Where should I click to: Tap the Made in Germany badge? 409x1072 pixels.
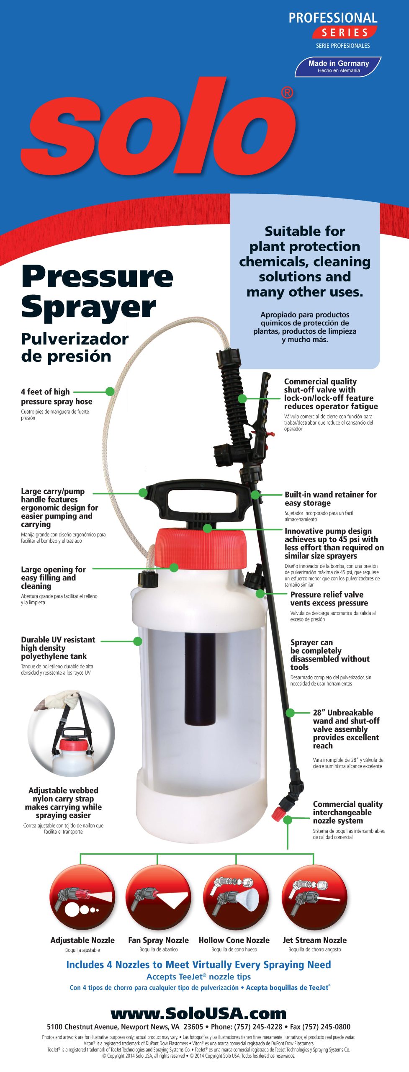click(338, 67)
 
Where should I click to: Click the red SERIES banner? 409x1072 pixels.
click(345, 32)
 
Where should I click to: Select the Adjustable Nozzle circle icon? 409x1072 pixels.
click(82, 897)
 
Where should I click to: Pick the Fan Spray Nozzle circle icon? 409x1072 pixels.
click(158, 897)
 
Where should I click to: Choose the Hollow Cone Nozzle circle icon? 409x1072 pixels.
click(236, 897)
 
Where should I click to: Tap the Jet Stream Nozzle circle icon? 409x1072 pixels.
click(314, 897)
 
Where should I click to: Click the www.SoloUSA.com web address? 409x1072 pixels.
click(198, 1013)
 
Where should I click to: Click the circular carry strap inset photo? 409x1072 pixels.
click(71, 733)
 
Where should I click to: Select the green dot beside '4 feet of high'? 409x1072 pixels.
click(110, 392)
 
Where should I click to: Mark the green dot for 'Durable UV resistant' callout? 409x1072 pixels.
click(138, 641)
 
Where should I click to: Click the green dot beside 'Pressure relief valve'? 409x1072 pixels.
click(260, 594)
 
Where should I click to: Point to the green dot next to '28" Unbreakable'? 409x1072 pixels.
click(290, 713)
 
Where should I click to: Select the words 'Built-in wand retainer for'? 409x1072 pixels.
click(331, 495)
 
